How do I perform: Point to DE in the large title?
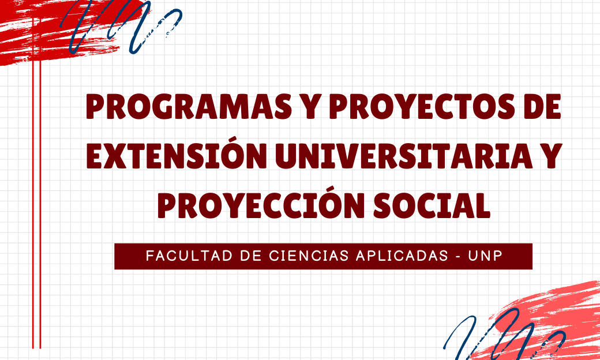point(543,106)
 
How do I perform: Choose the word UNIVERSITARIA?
point(404,156)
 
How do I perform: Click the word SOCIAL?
point(432,205)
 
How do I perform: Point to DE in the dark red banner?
point(250,256)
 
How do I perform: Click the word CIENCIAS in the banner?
point(309,256)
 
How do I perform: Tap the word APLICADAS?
point(402,256)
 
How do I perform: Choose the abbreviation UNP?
point(485,256)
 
